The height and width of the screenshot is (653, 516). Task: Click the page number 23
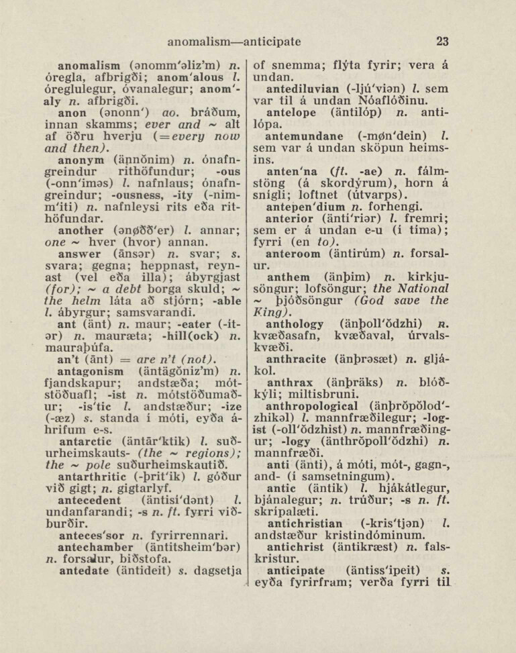(x=442, y=42)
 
